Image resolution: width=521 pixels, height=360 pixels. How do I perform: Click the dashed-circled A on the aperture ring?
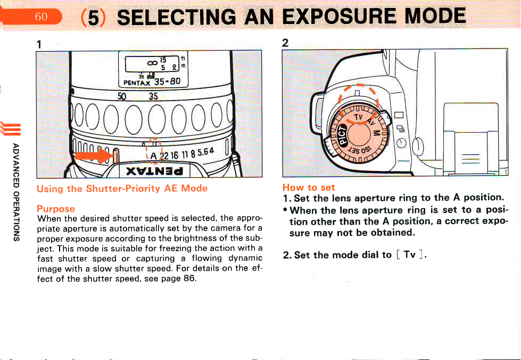pos(153,156)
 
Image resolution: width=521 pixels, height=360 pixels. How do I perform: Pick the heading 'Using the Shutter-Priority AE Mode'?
pos(122,189)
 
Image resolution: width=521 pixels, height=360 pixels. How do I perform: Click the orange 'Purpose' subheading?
pos(56,208)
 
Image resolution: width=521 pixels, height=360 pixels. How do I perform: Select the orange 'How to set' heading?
pos(309,187)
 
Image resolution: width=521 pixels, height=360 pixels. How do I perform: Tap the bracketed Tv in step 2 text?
pos(409,255)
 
